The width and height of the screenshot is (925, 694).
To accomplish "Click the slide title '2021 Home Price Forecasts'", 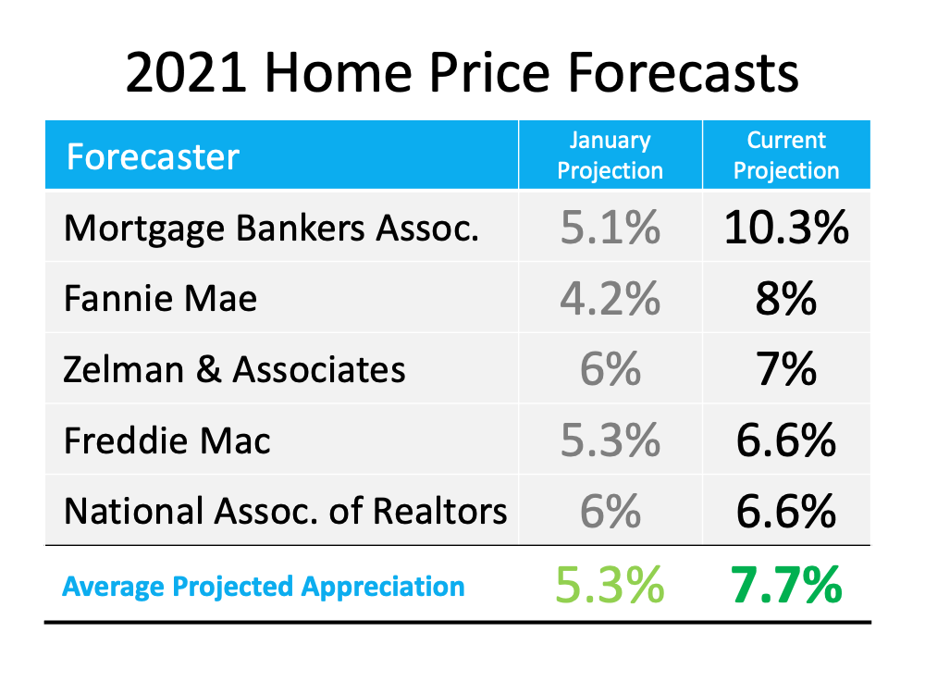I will coord(462,71).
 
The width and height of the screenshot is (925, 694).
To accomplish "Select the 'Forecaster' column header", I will coord(154,156).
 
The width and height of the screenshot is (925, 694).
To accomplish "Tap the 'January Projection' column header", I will coord(610,155).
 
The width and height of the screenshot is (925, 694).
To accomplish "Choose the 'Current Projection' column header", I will coord(786,155).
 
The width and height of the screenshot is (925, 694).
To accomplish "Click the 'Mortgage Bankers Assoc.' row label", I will coord(272,228).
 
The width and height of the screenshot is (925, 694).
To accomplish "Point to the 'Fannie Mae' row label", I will coord(161,299).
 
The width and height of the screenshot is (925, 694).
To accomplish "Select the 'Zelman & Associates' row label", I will coord(235,369).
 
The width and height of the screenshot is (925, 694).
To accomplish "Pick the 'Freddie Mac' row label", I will coord(167,440).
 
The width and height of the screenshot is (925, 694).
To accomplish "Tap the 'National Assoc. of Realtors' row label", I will coord(286,511).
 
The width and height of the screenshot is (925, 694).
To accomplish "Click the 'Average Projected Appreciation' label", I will coord(264,586).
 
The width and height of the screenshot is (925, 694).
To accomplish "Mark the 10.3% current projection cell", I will coord(786,228).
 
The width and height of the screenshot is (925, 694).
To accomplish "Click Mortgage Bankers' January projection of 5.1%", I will coord(610,228).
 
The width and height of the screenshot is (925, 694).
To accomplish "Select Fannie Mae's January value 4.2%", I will coord(610,299).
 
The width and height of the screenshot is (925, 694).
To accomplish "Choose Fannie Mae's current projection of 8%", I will coord(786,299).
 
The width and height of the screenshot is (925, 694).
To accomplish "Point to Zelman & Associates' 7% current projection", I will coord(786,369).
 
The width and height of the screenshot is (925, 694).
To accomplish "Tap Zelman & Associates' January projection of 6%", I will coord(610,369).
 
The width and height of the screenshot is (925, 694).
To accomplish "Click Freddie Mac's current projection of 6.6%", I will coord(786,440).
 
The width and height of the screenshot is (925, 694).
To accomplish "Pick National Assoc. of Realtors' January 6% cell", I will coord(610,511).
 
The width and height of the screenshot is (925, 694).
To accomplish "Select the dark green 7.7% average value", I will coord(786,585).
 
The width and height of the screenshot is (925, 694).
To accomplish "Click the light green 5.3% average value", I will coord(610,585).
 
